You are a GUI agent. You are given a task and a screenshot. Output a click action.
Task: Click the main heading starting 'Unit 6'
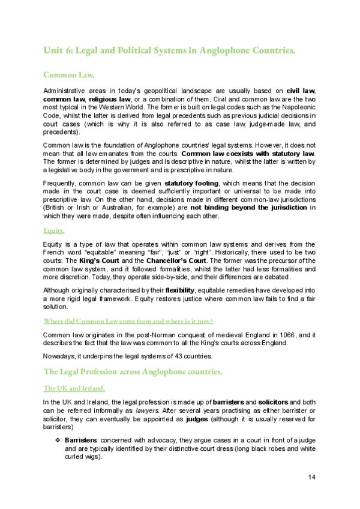[x=169, y=50]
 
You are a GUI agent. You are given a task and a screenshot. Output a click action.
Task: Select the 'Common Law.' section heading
[x=69, y=75]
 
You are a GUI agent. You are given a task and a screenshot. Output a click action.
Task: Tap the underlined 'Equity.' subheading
[x=54, y=230]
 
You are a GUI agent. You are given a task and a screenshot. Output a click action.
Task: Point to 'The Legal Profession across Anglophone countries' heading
[x=133, y=372]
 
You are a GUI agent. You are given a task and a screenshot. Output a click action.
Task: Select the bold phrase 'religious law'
[x=109, y=98]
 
